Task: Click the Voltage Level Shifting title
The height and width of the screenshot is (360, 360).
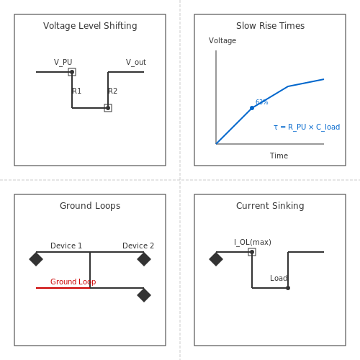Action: pos(90,26)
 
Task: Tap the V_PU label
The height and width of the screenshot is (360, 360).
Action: pos(63,62)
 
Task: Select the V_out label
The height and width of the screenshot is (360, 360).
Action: pos(136,62)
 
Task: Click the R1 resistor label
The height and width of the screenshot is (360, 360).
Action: pos(77,91)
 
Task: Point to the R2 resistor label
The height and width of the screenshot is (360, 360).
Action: pos(112,91)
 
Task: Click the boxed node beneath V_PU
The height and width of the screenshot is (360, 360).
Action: pos(72,72)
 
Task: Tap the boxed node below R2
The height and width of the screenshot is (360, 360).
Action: pos(108,108)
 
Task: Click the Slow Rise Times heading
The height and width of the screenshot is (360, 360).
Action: pos(270,26)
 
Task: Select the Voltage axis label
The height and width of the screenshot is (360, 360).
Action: pos(222,40)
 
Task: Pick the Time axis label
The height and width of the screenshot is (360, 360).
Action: pos(279,156)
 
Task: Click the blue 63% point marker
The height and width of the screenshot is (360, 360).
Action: pos(252,108)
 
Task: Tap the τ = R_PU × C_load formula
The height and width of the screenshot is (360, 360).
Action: pos(307,127)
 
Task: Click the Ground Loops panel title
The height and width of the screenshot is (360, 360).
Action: pos(90,206)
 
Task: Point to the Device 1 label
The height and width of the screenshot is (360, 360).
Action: pos(66,246)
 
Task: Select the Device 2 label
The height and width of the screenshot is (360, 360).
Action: pos(138,246)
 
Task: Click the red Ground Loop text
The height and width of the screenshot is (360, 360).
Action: pos(73,282)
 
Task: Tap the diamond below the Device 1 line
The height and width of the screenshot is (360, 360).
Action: pos(36,259)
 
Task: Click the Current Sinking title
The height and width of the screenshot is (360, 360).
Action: pos(270,206)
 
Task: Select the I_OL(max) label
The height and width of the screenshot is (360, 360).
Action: pos(253,242)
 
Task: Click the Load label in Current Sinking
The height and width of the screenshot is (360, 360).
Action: pos(279,278)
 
